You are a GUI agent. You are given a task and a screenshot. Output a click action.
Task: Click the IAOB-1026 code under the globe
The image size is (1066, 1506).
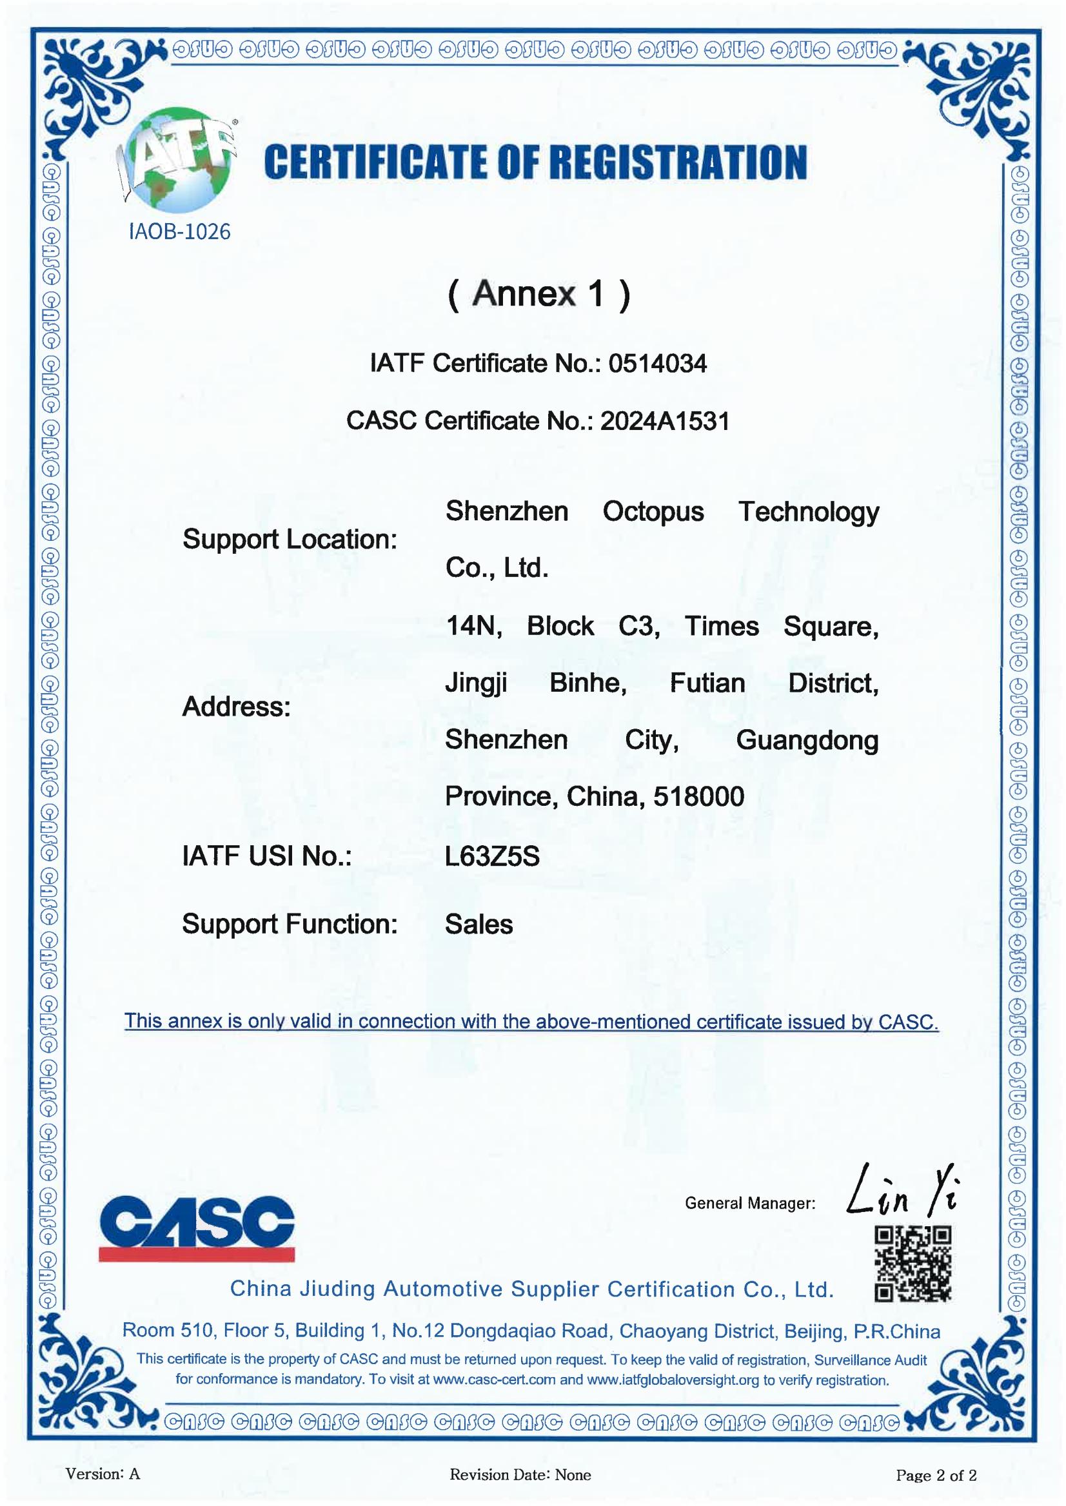pyautogui.click(x=179, y=231)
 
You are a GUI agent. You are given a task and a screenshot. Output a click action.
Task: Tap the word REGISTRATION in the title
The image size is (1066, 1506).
pyautogui.click(x=677, y=162)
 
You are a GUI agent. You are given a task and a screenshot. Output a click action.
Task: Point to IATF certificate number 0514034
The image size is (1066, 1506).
pyautogui.click(x=657, y=363)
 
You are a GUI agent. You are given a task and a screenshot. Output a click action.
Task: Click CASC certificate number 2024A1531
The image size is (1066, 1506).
pyautogui.click(x=664, y=420)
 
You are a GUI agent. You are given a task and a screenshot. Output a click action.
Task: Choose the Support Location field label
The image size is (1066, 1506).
pyautogui.click(x=290, y=540)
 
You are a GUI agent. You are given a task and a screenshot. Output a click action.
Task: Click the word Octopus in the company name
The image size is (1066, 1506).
pyautogui.click(x=653, y=511)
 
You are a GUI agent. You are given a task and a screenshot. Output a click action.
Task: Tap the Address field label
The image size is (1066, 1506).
pyautogui.click(x=235, y=707)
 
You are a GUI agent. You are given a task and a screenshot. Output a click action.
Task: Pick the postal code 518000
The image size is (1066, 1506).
pyautogui.click(x=698, y=797)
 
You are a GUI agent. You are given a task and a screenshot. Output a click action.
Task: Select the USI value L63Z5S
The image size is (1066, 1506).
pyautogui.click(x=491, y=856)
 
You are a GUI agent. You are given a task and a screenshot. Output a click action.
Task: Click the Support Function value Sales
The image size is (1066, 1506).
pyautogui.click(x=479, y=924)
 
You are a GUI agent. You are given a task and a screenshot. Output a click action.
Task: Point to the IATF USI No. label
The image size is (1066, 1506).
pyautogui.click(x=266, y=856)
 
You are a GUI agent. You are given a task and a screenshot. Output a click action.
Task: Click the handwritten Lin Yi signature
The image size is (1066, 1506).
pyautogui.click(x=903, y=1189)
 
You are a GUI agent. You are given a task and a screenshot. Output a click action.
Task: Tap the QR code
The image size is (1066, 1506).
pyautogui.click(x=913, y=1264)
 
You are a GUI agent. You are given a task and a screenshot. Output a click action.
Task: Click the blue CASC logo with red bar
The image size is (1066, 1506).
pyautogui.click(x=197, y=1227)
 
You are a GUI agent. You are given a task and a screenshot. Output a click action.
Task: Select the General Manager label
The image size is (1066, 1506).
pyautogui.click(x=749, y=1203)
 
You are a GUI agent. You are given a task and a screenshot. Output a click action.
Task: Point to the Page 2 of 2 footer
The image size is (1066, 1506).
pyautogui.click(x=936, y=1476)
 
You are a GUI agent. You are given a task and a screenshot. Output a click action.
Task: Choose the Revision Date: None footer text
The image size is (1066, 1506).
pyautogui.click(x=520, y=1475)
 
